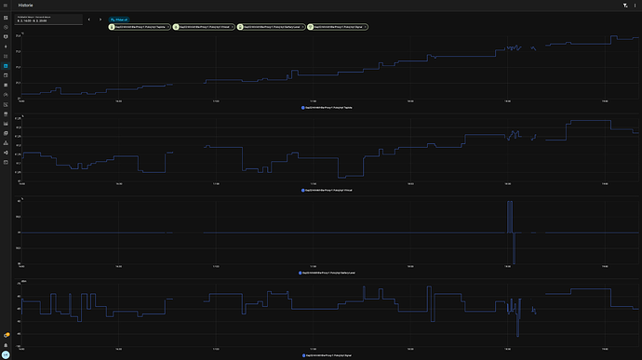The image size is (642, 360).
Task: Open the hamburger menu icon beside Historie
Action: pos(6,5)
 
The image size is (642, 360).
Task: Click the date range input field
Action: pos(47,19)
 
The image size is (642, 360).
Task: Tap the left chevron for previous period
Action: pos(88,19)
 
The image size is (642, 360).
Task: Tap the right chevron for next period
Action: pos(100,19)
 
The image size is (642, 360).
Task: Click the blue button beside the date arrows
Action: pos(120,18)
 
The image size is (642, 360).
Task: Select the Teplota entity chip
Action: pos(139,27)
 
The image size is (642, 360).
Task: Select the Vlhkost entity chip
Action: pos(205,27)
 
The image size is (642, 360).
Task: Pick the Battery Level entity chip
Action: pos(271,27)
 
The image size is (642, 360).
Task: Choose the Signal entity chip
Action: pos(337,27)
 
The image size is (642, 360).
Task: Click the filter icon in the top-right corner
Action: pos(625,5)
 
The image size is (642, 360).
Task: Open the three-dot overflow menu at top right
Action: pos(635,5)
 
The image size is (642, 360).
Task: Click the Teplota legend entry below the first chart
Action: pos(326,107)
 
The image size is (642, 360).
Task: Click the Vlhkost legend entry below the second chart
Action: pos(326,190)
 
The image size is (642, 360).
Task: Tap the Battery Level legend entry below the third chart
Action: pos(326,273)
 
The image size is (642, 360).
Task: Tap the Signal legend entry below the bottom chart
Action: pos(326,355)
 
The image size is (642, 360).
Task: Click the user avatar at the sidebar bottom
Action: pos(6,354)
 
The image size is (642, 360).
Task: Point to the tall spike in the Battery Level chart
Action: pos(509,216)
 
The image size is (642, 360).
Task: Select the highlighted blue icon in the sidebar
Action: pos(6,67)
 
